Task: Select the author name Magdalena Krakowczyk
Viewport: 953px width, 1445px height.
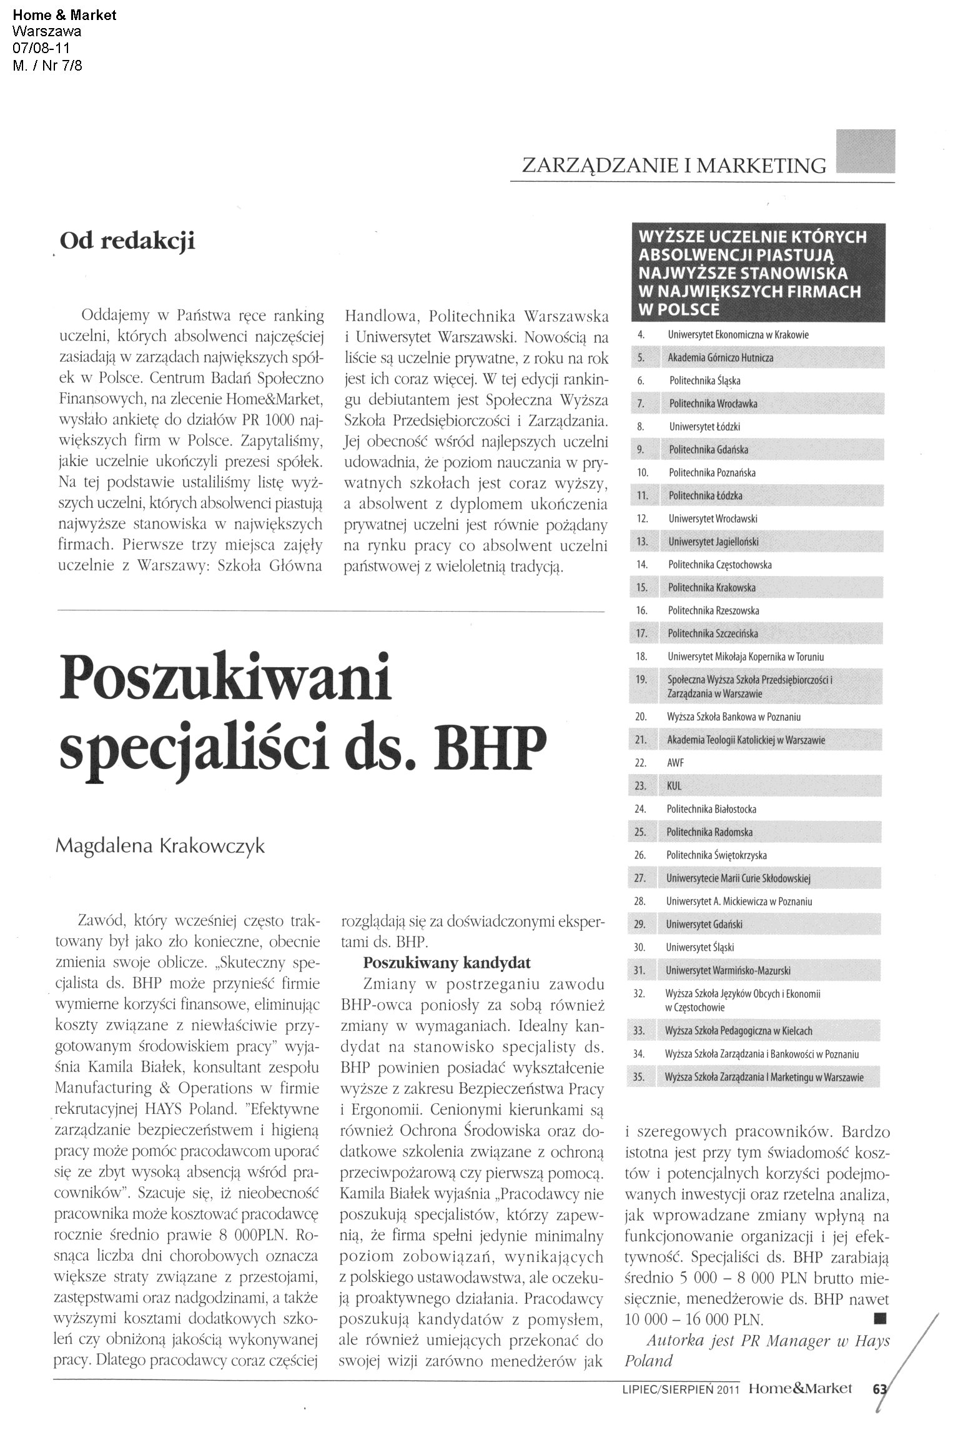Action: coord(160,847)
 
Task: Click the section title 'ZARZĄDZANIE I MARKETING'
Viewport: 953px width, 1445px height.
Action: coord(674,166)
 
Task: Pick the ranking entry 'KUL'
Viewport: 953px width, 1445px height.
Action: coord(674,786)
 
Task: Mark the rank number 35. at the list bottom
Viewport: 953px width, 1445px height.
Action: coord(638,1077)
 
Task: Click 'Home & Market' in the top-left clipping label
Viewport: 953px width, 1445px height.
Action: coord(64,16)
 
